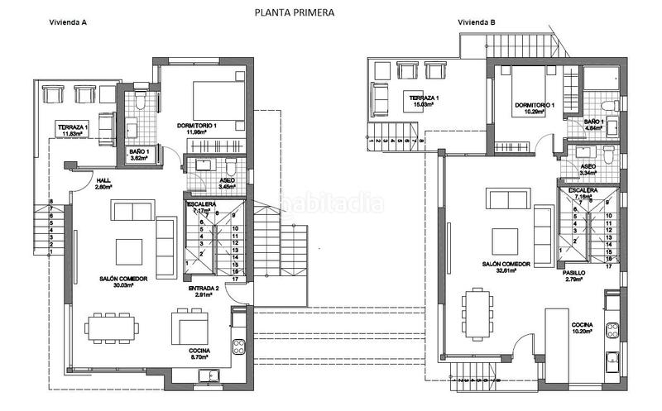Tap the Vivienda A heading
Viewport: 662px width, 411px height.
[70, 22]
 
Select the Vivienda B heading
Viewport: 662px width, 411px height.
[477, 22]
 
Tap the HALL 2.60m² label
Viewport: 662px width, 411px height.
[103, 184]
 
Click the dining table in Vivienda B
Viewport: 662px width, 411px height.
[476, 313]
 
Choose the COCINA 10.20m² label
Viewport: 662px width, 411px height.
[582, 328]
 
